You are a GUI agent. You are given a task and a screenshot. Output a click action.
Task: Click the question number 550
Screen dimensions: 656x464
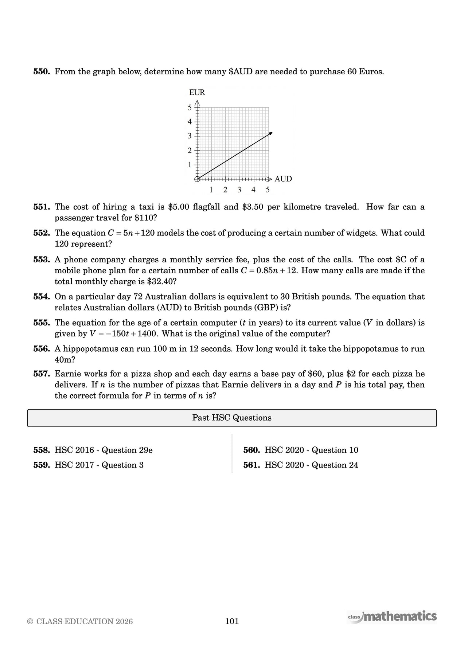click(x=41, y=71)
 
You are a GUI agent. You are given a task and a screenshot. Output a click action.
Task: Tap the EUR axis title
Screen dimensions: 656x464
click(x=197, y=93)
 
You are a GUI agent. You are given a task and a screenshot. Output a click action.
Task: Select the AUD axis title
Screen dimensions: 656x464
click(x=283, y=179)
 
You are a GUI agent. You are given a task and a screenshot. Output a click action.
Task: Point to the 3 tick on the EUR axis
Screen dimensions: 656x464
click(x=190, y=136)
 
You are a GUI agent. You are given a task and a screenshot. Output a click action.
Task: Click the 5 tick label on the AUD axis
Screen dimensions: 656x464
click(x=268, y=190)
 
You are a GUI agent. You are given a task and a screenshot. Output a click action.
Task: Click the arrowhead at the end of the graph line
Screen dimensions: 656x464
click(x=270, y=134)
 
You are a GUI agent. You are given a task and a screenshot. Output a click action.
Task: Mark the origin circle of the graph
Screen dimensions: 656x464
click(x=197, y=179)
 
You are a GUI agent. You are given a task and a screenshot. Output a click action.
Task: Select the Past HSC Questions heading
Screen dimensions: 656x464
click(x=232, y=418)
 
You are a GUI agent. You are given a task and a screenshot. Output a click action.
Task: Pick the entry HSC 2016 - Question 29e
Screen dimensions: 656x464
click(x=104, y=450)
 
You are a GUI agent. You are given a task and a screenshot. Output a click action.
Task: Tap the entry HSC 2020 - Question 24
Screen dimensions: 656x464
click(x=311, y=465)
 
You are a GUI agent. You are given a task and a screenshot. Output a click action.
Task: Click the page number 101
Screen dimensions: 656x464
click(x=232, y=621)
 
